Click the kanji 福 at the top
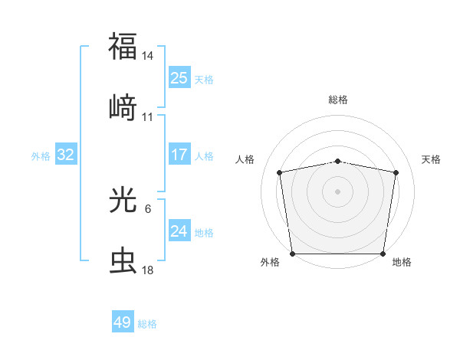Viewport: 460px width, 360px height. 123,45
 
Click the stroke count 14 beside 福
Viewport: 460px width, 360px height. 148,56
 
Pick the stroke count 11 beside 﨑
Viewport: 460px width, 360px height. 148,117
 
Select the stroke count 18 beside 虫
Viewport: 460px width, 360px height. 148,270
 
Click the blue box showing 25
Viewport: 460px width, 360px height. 179,78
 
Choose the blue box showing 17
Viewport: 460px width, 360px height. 179,155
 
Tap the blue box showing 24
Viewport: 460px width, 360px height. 179,231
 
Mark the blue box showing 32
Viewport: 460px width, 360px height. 66,155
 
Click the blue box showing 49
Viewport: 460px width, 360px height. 123,322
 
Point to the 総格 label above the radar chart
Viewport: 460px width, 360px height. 338,100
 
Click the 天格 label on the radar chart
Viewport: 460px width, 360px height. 431,159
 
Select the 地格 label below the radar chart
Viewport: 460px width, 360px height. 402,263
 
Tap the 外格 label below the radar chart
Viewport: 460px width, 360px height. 270,263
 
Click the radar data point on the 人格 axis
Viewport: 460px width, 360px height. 281,172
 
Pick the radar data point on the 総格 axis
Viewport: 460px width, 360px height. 338,161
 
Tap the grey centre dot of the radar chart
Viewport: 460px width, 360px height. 338,191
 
